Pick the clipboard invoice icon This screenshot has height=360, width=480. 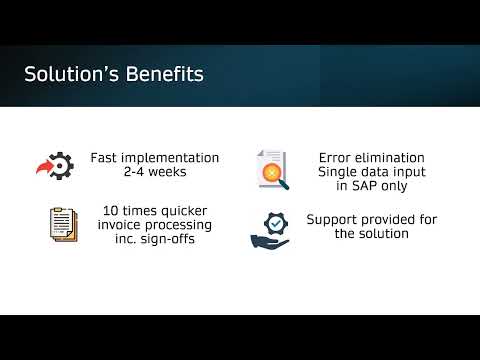tap(62, 224)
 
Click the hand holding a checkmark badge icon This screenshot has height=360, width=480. tap(270, 228)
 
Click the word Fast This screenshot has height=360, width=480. tap(104, 158)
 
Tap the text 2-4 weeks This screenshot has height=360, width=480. tap(154, 172)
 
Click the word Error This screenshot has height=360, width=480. tap(339, 158)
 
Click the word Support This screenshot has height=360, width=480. tap(332, 219)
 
